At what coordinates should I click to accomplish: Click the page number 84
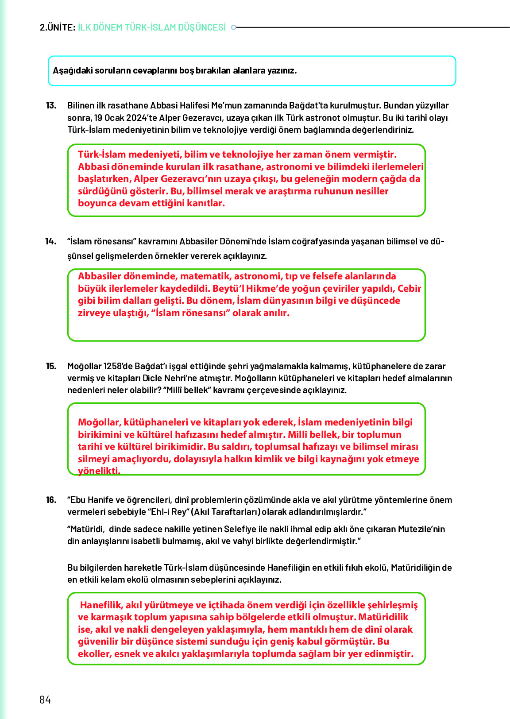click(x=45, y=700)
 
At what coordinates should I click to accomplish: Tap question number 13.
click(x=51, y=105)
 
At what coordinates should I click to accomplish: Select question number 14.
click(x=51, y=241)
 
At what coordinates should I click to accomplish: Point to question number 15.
click(x=51, y=366)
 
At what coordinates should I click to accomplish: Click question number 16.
click(x=51, y=500)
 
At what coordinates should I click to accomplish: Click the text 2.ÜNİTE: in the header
click(x=58, y=27)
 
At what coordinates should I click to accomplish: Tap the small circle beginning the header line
click(x=234, y=27)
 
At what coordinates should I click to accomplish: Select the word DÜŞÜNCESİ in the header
click(x=202, y=27)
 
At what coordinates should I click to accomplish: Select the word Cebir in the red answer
click(x=409, y=288)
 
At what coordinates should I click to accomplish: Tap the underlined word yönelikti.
click(x=99, y=471)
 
